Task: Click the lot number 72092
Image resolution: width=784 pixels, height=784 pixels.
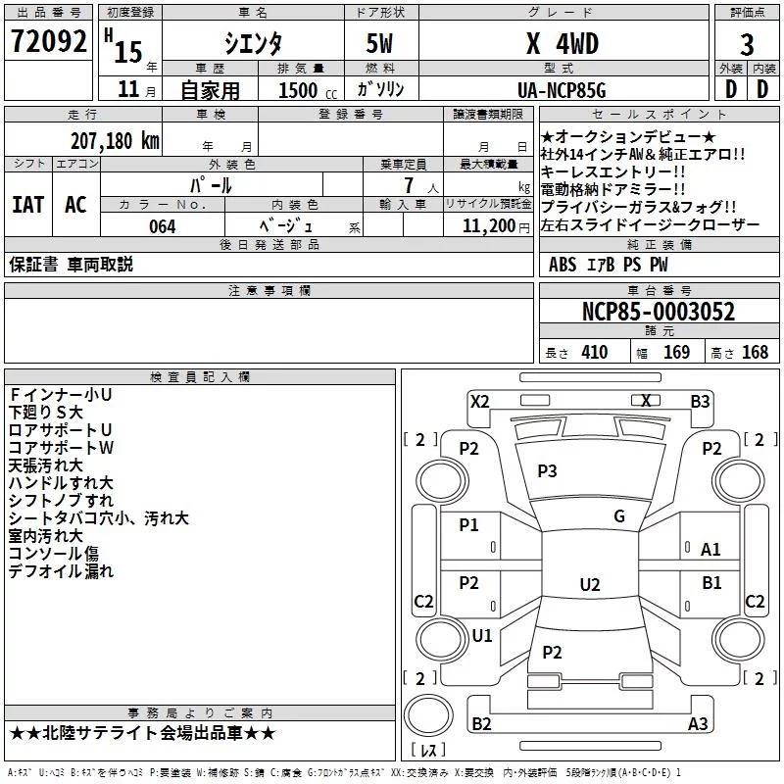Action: (x=49, y=42)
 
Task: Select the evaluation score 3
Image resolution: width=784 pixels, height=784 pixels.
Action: (x=747, y=45)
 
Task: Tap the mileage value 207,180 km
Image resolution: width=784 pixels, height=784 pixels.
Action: (x=115, y=140)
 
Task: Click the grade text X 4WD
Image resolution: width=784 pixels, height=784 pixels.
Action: (x=562, y=44)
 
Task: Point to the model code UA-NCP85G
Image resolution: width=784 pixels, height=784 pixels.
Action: (x=562, y=90)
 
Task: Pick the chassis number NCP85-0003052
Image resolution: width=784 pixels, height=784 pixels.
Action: (x=658, y=312)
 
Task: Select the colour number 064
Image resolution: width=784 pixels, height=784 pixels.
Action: (x=163, y=226)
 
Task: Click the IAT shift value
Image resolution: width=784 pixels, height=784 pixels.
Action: (x=27, y=205)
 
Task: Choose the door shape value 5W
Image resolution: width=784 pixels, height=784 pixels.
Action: (x=379, y=45)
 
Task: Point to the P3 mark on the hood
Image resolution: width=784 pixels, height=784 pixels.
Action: (x=547, y=471)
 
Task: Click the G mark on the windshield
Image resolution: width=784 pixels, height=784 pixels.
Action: (x=619, y=516)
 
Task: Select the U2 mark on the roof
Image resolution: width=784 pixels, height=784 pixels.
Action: (x=589, y=584)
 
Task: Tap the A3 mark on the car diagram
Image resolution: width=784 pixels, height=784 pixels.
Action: (x=698, y=723)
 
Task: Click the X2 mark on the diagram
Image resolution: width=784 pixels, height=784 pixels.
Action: (x=479, y=401)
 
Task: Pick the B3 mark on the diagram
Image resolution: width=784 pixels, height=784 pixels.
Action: (x=700, y=401)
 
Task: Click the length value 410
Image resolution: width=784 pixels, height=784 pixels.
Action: (x=594, y=353)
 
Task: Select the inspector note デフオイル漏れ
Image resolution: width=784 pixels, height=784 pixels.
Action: (x=61, y=570)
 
